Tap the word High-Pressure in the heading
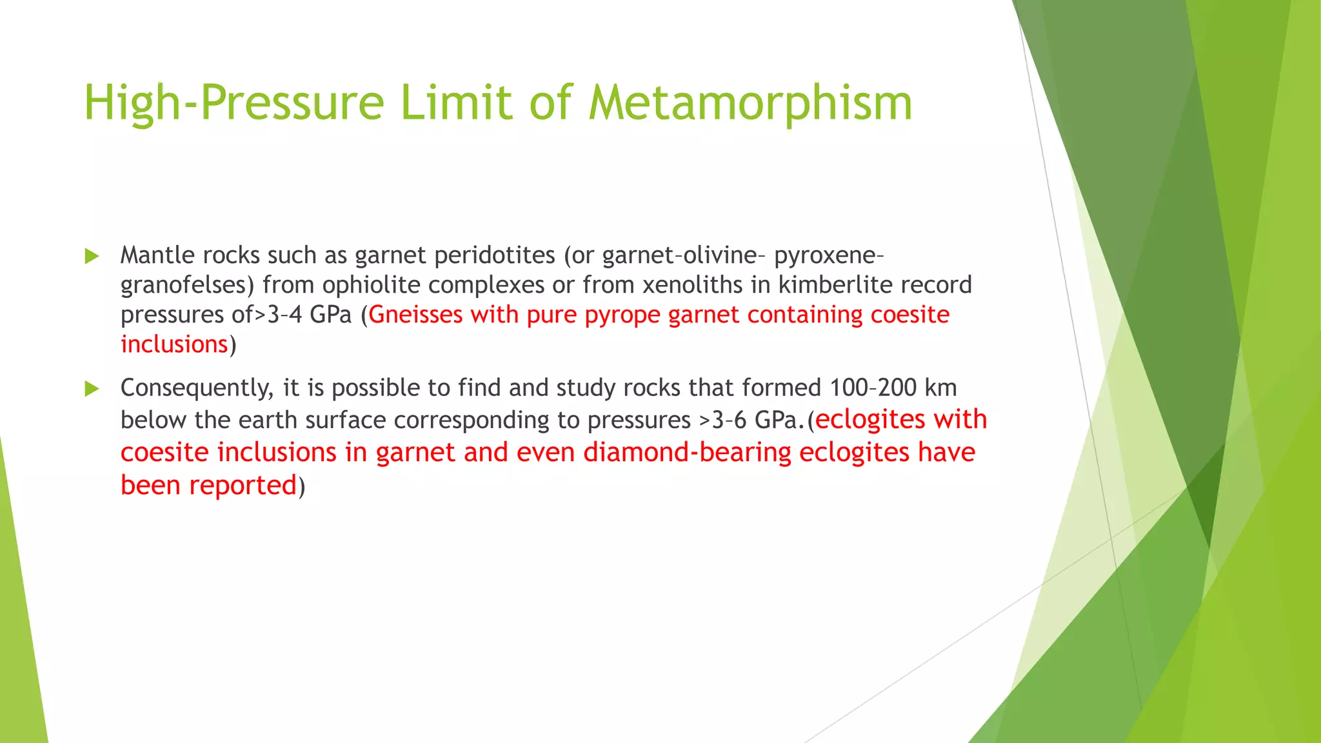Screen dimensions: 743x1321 (x=234, y=103)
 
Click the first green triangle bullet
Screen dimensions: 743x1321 (x=92, y=257)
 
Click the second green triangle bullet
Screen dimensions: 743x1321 (x=92, y=389)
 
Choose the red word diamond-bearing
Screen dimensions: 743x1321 (x=687, y=452)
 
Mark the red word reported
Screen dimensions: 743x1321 (x=243, y=485)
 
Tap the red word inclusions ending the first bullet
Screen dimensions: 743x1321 (x=174, y=344)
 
